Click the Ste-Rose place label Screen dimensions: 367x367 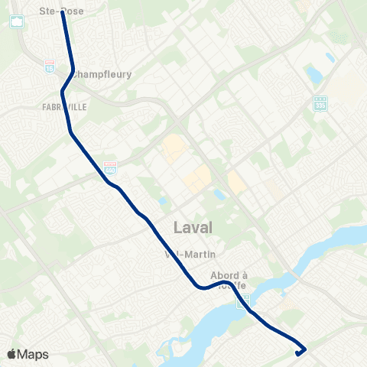point(61,11)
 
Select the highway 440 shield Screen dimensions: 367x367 point(111,166)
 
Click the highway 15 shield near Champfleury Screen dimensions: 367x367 point(50,67)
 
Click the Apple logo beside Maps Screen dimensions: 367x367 point(12,354)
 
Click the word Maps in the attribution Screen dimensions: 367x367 point(34,355)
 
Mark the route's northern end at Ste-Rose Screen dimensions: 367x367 point(62,12)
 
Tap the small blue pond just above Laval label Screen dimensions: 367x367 point(163,202)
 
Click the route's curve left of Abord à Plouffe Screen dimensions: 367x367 point(202,287)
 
